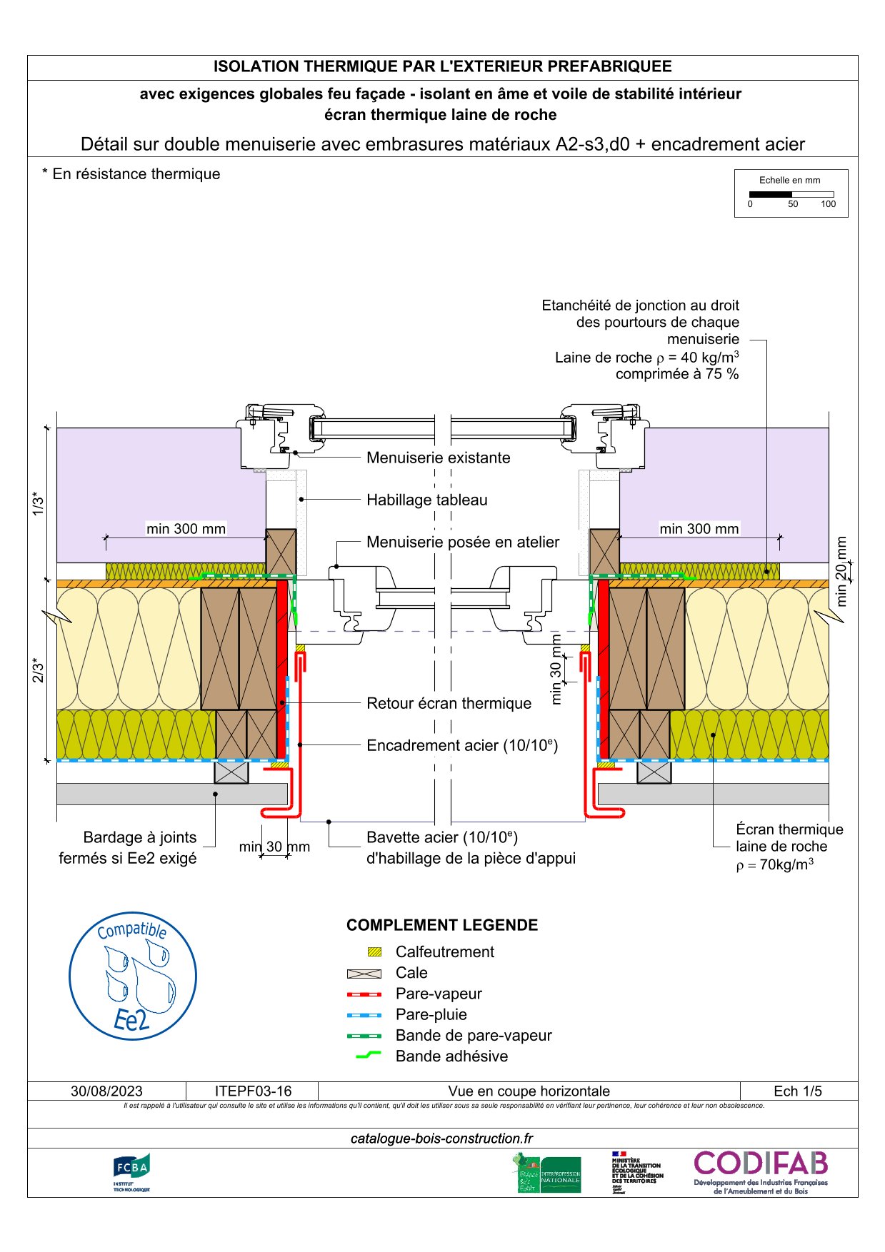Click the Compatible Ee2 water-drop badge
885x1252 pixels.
[133, 976]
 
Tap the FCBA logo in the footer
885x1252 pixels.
[131, 1172]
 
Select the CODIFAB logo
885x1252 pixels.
[761, 1171]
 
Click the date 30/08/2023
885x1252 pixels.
[106, 1091]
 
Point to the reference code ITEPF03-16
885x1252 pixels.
[253, 1091]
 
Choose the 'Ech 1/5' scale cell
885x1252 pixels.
[798, 1091]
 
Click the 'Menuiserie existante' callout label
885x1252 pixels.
[438, 458]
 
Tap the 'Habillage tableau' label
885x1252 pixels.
[426, 500]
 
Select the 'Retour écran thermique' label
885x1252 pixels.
[449, 703]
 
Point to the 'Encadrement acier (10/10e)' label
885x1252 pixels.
[461, 745]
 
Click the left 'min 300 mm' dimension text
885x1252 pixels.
[186, 529]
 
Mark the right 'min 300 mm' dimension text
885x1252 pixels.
[699, 529]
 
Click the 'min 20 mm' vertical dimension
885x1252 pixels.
[841, 571]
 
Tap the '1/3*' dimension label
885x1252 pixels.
[38, 504]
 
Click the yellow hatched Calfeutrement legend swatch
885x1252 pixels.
[374, 952]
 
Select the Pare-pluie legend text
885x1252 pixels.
[431, 1014]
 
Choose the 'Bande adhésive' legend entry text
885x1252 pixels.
[451, 1056]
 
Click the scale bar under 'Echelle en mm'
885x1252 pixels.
[791, 194]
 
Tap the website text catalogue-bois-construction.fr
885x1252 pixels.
[442, 1139]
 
